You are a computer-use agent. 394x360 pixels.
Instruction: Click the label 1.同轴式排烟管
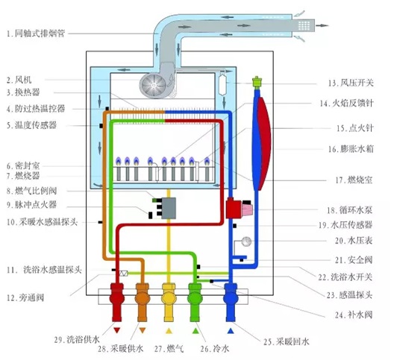point(36,34)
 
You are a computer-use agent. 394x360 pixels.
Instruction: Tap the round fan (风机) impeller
point(153,85)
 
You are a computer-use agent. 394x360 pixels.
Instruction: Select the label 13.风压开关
point(351,83)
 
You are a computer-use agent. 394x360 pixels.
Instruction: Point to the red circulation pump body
point(234,208)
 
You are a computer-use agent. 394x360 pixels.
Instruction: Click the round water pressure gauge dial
point(246,241)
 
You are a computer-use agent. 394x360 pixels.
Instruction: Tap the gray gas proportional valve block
point(169,208)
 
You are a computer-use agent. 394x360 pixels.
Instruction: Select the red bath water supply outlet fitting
point(117,302)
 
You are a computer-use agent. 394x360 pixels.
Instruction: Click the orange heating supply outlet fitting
point(143,302)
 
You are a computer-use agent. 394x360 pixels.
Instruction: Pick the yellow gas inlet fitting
point(169,302)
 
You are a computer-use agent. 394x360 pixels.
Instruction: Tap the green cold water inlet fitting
point(195,302)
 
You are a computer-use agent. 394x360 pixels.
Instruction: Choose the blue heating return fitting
point(231,302)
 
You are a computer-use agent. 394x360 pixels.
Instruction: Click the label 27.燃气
point(169,349)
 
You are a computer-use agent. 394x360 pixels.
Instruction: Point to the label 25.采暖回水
point(287,341)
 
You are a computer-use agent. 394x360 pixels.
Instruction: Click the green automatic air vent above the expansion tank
point(257,82)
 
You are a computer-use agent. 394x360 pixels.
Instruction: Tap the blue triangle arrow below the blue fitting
point(231,331)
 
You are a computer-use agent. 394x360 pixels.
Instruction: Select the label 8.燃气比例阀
point(31,191)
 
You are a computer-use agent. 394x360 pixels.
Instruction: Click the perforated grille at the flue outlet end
point(304,25)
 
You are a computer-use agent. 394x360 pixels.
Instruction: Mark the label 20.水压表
point(354,241)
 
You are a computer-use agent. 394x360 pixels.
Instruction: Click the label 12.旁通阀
point(25,297)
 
